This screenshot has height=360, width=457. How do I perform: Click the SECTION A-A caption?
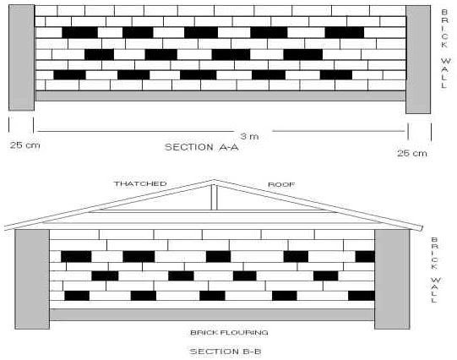pos(202,147)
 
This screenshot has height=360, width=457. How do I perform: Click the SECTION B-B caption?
pos(226,352)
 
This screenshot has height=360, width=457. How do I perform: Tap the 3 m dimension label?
pos(249,136)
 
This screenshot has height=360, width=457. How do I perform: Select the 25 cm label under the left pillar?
pos(25,145)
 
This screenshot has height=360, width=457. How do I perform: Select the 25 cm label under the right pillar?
pos(412,153)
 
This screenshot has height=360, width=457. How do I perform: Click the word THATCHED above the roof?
pos(140,184)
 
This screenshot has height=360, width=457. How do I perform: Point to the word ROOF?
pos(281,184)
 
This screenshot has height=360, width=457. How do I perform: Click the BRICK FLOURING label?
pos(229,333)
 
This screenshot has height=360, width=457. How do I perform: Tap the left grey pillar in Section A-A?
pos(22,57)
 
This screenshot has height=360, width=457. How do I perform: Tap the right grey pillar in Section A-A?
pos(418,59)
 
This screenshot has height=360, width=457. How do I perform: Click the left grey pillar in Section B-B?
pos(32,279)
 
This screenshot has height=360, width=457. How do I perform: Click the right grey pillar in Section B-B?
pos(392,279)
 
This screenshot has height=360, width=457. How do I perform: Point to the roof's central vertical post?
pos(215,198)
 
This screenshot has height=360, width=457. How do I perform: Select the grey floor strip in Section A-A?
pos(220,95)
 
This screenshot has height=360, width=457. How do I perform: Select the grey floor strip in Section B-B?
pos(212,315)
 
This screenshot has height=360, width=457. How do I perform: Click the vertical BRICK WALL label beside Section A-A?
pos(445,49)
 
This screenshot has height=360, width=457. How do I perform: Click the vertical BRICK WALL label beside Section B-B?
pos(434,270)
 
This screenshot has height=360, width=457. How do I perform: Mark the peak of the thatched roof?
pos(214,180)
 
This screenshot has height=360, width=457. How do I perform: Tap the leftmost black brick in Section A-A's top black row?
pos(79,32)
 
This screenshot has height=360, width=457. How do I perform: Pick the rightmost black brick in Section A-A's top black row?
pos(345,32)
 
